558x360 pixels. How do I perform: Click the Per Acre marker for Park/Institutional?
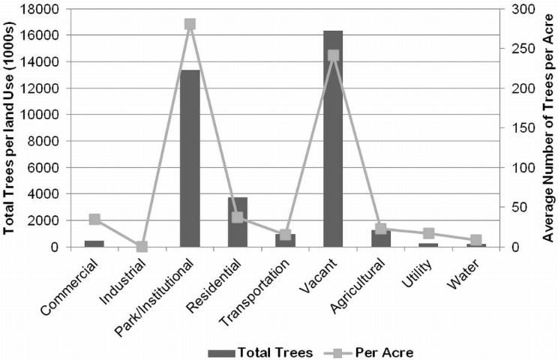[190, 24]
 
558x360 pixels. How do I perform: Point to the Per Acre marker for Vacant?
[334, 55]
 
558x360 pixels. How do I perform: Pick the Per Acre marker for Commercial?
[94, 219]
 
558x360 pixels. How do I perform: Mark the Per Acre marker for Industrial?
[142, 246]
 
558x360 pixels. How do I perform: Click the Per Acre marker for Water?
[476, 240]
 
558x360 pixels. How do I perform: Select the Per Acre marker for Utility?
[429, 233]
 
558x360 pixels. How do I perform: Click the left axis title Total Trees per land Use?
[10, 127]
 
